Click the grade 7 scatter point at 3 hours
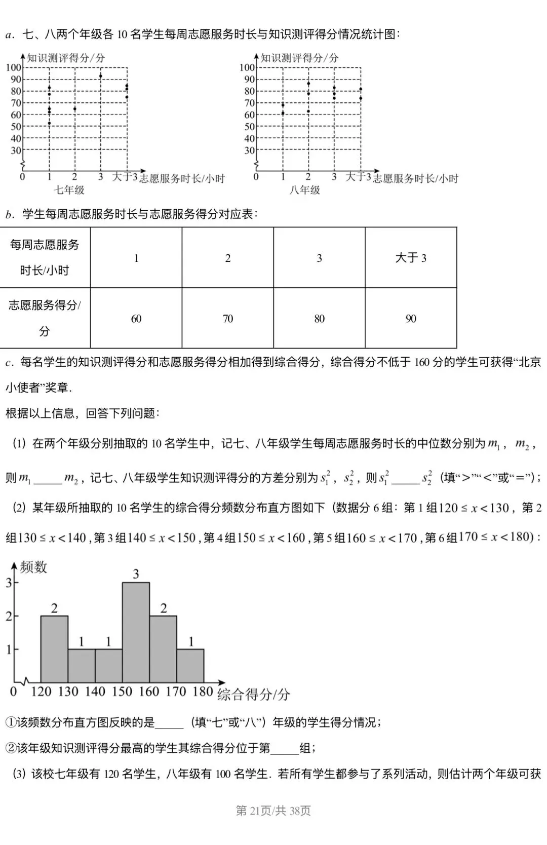100,76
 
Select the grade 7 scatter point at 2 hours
75,109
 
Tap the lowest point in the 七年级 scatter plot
49,123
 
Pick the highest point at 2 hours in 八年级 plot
308,84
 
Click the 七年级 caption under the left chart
69,190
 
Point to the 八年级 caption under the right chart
304,190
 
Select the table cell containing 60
136,319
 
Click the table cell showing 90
411,319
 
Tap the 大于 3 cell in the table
411,258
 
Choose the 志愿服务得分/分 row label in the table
45,318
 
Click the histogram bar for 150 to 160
136,633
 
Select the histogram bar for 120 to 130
54,649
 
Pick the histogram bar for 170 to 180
190,666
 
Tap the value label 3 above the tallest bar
136,574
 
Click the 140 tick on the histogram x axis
95,692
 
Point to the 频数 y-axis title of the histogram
33,567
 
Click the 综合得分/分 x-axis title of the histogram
253,695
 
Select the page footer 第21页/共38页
273,811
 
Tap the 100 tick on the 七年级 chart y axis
14,67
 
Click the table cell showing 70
228,319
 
